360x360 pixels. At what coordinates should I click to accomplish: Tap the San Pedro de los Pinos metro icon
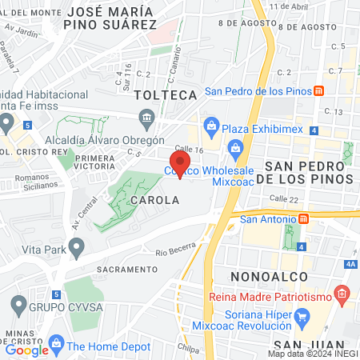point(318,91)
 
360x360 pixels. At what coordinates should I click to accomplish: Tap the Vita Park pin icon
point(76,250)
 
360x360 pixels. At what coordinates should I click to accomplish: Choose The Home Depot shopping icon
point(56,346)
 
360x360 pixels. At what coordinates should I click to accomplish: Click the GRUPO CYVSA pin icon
point(18,305)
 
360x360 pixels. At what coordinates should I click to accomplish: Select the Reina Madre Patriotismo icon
point(342,294)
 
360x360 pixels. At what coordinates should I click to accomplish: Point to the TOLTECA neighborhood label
point(166,95)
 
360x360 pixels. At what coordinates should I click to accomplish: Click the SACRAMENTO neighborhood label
point(127,269)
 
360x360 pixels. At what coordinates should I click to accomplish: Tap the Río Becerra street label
point(176,251)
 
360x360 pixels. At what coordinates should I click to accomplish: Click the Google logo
point(26,350)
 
